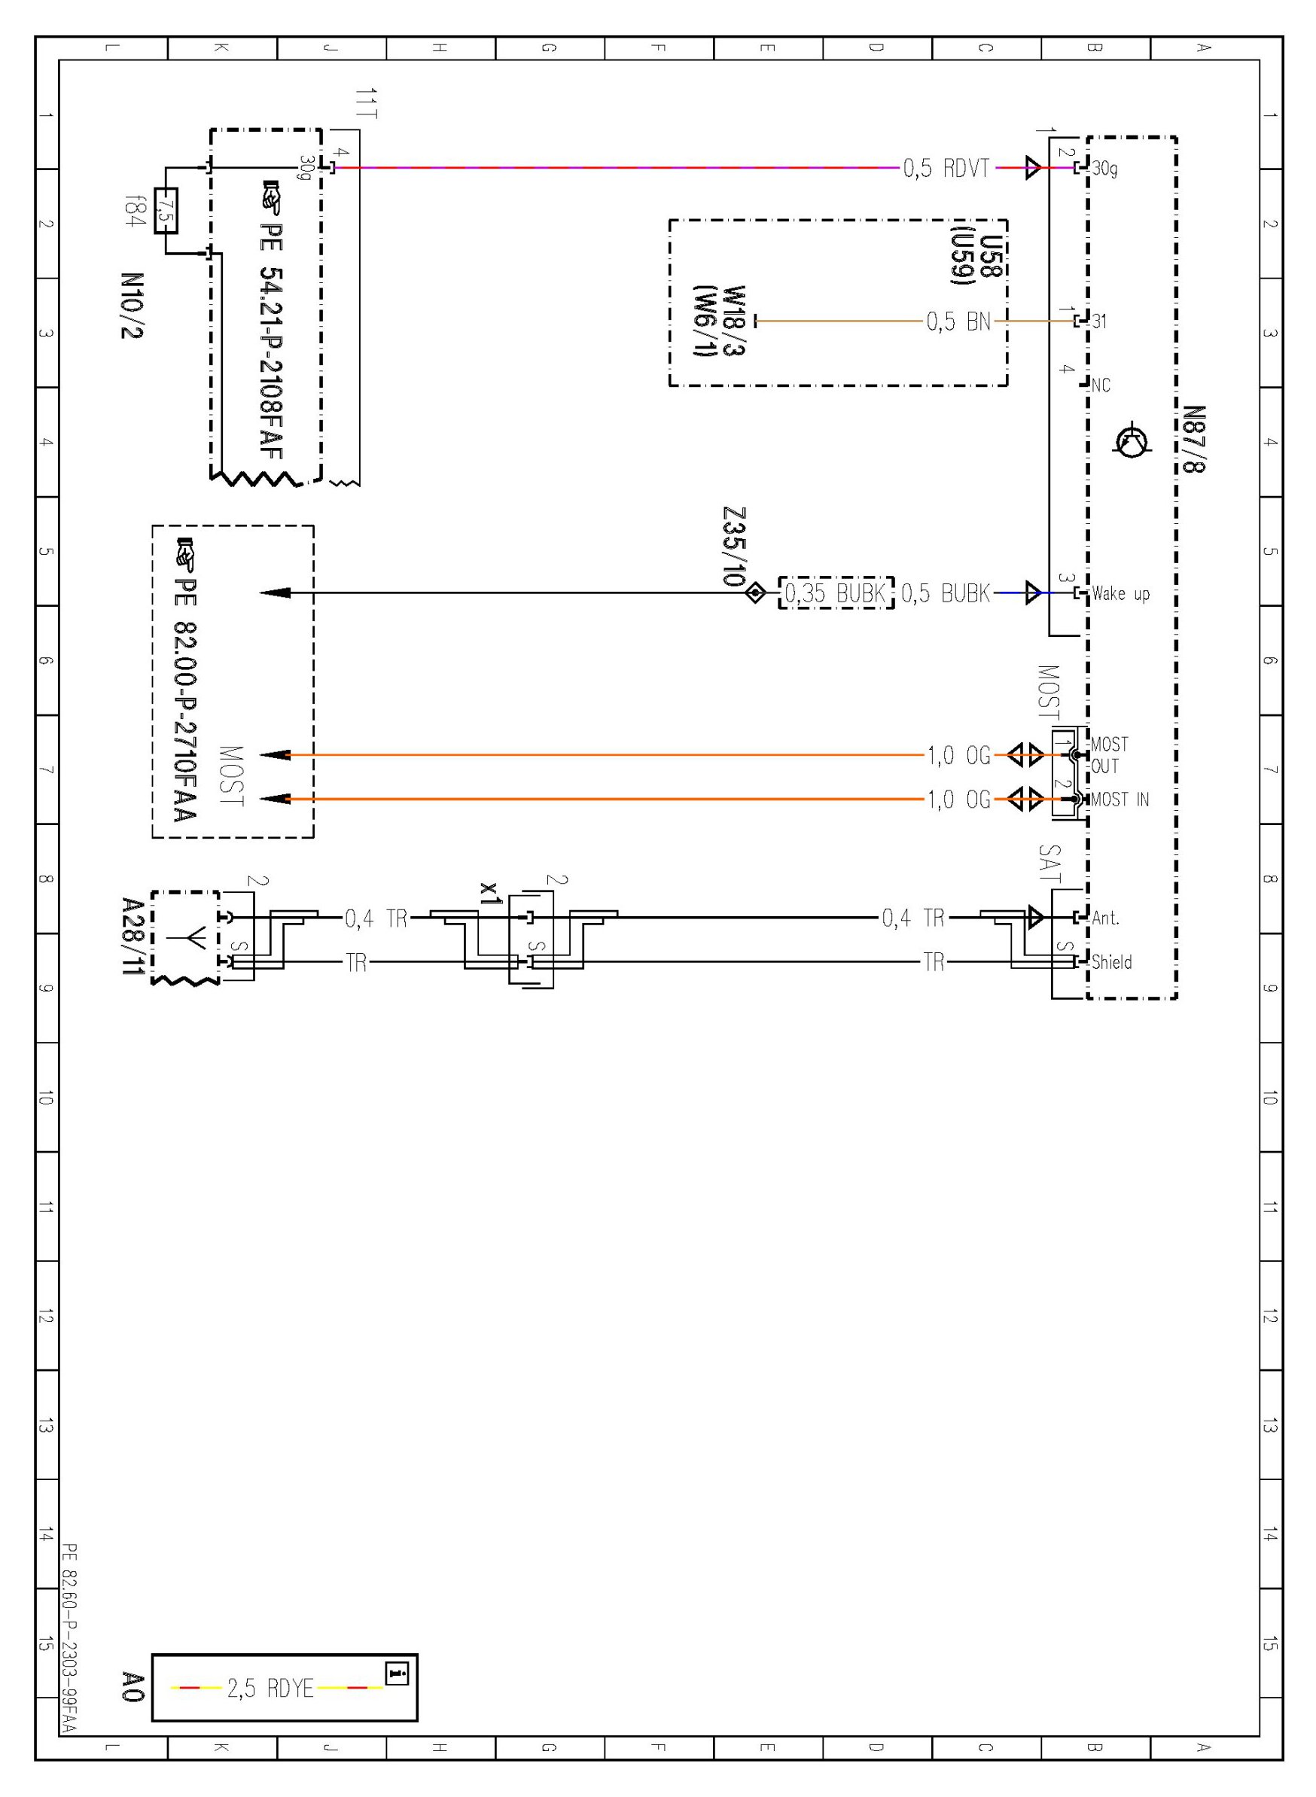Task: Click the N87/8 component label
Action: [x=1194, y=439]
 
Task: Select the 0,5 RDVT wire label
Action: [x=946, y=169]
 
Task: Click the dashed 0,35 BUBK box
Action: [x=835, y=593]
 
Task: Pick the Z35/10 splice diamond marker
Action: [x=755, y=593]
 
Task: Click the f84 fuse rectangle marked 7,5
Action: [x=166, y=211]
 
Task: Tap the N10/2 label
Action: [x=133, y=306]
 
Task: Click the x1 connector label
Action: [x=491, y=893]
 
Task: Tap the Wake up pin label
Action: [x=1120, y=593]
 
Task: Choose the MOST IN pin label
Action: [x=1120, y=799]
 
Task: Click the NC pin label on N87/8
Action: [x=1100, y=385]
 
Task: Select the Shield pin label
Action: [x=1111, y=962]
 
